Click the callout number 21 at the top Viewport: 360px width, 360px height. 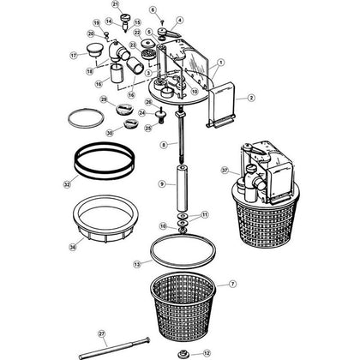[x=115, y=5]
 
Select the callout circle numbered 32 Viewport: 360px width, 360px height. [x=67, y=183]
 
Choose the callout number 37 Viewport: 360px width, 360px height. [x=225, y=170]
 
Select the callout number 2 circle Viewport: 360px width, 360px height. [x=251, y=99]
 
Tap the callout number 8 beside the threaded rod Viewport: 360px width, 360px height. [x=163, y=147]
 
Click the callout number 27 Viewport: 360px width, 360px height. [x=100, y=333]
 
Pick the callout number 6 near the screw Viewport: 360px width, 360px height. [x=153, y=10]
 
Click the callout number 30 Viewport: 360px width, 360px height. [x=109, y=132]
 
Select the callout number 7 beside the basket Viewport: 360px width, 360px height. [x=232, y=284]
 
